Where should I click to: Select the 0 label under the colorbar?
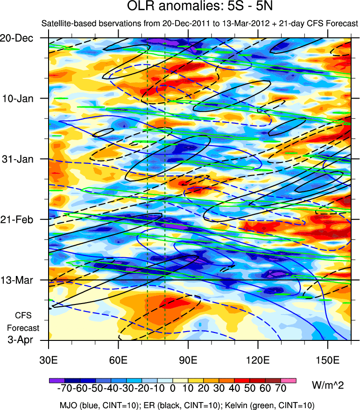tap(172, 389)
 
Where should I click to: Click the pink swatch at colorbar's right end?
tap(289, 381)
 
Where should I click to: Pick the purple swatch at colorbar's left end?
tap(57, 381)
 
